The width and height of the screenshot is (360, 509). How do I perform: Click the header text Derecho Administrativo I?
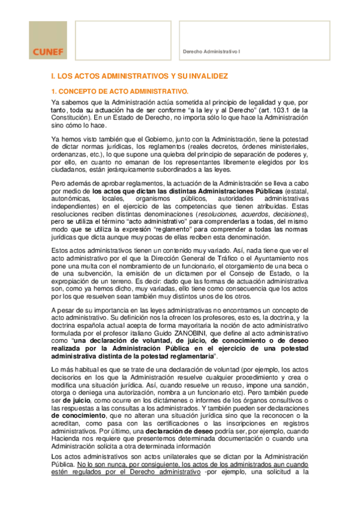tap(211, 52)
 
